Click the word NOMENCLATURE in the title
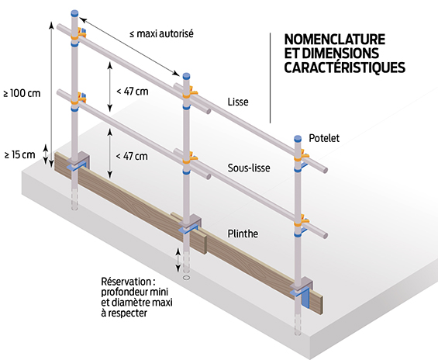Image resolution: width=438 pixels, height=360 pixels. pos(335,40)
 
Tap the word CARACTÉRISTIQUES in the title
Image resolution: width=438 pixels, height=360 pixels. pos(345,67)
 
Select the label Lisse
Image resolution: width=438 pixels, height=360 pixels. pos(238,102)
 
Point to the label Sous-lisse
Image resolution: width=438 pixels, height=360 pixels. pos(249,168)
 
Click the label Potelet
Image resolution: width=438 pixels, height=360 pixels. pos(324,138)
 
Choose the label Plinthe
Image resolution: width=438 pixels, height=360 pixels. pos(243,234)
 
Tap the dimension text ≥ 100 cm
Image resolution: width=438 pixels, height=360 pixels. pos(22,93)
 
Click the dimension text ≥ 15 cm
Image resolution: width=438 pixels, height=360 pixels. pos(20,154)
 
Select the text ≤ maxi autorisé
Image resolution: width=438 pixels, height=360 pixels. pos(161,34)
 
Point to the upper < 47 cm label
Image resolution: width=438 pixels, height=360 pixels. pos(132,92)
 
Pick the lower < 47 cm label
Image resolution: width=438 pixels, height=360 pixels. pos(132,156)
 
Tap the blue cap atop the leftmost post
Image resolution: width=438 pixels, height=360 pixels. pos(74,13)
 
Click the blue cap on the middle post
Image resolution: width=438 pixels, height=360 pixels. pos(186,76)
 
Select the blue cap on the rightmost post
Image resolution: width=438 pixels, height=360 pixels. pos(298,138)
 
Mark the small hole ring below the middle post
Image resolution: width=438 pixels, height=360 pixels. pos(186,278)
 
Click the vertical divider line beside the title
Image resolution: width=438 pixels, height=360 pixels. pos(270,78)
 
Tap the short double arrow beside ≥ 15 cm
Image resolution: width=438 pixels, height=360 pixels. pos(45,154)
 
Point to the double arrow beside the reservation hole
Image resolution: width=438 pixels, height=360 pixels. pos(178,260)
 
